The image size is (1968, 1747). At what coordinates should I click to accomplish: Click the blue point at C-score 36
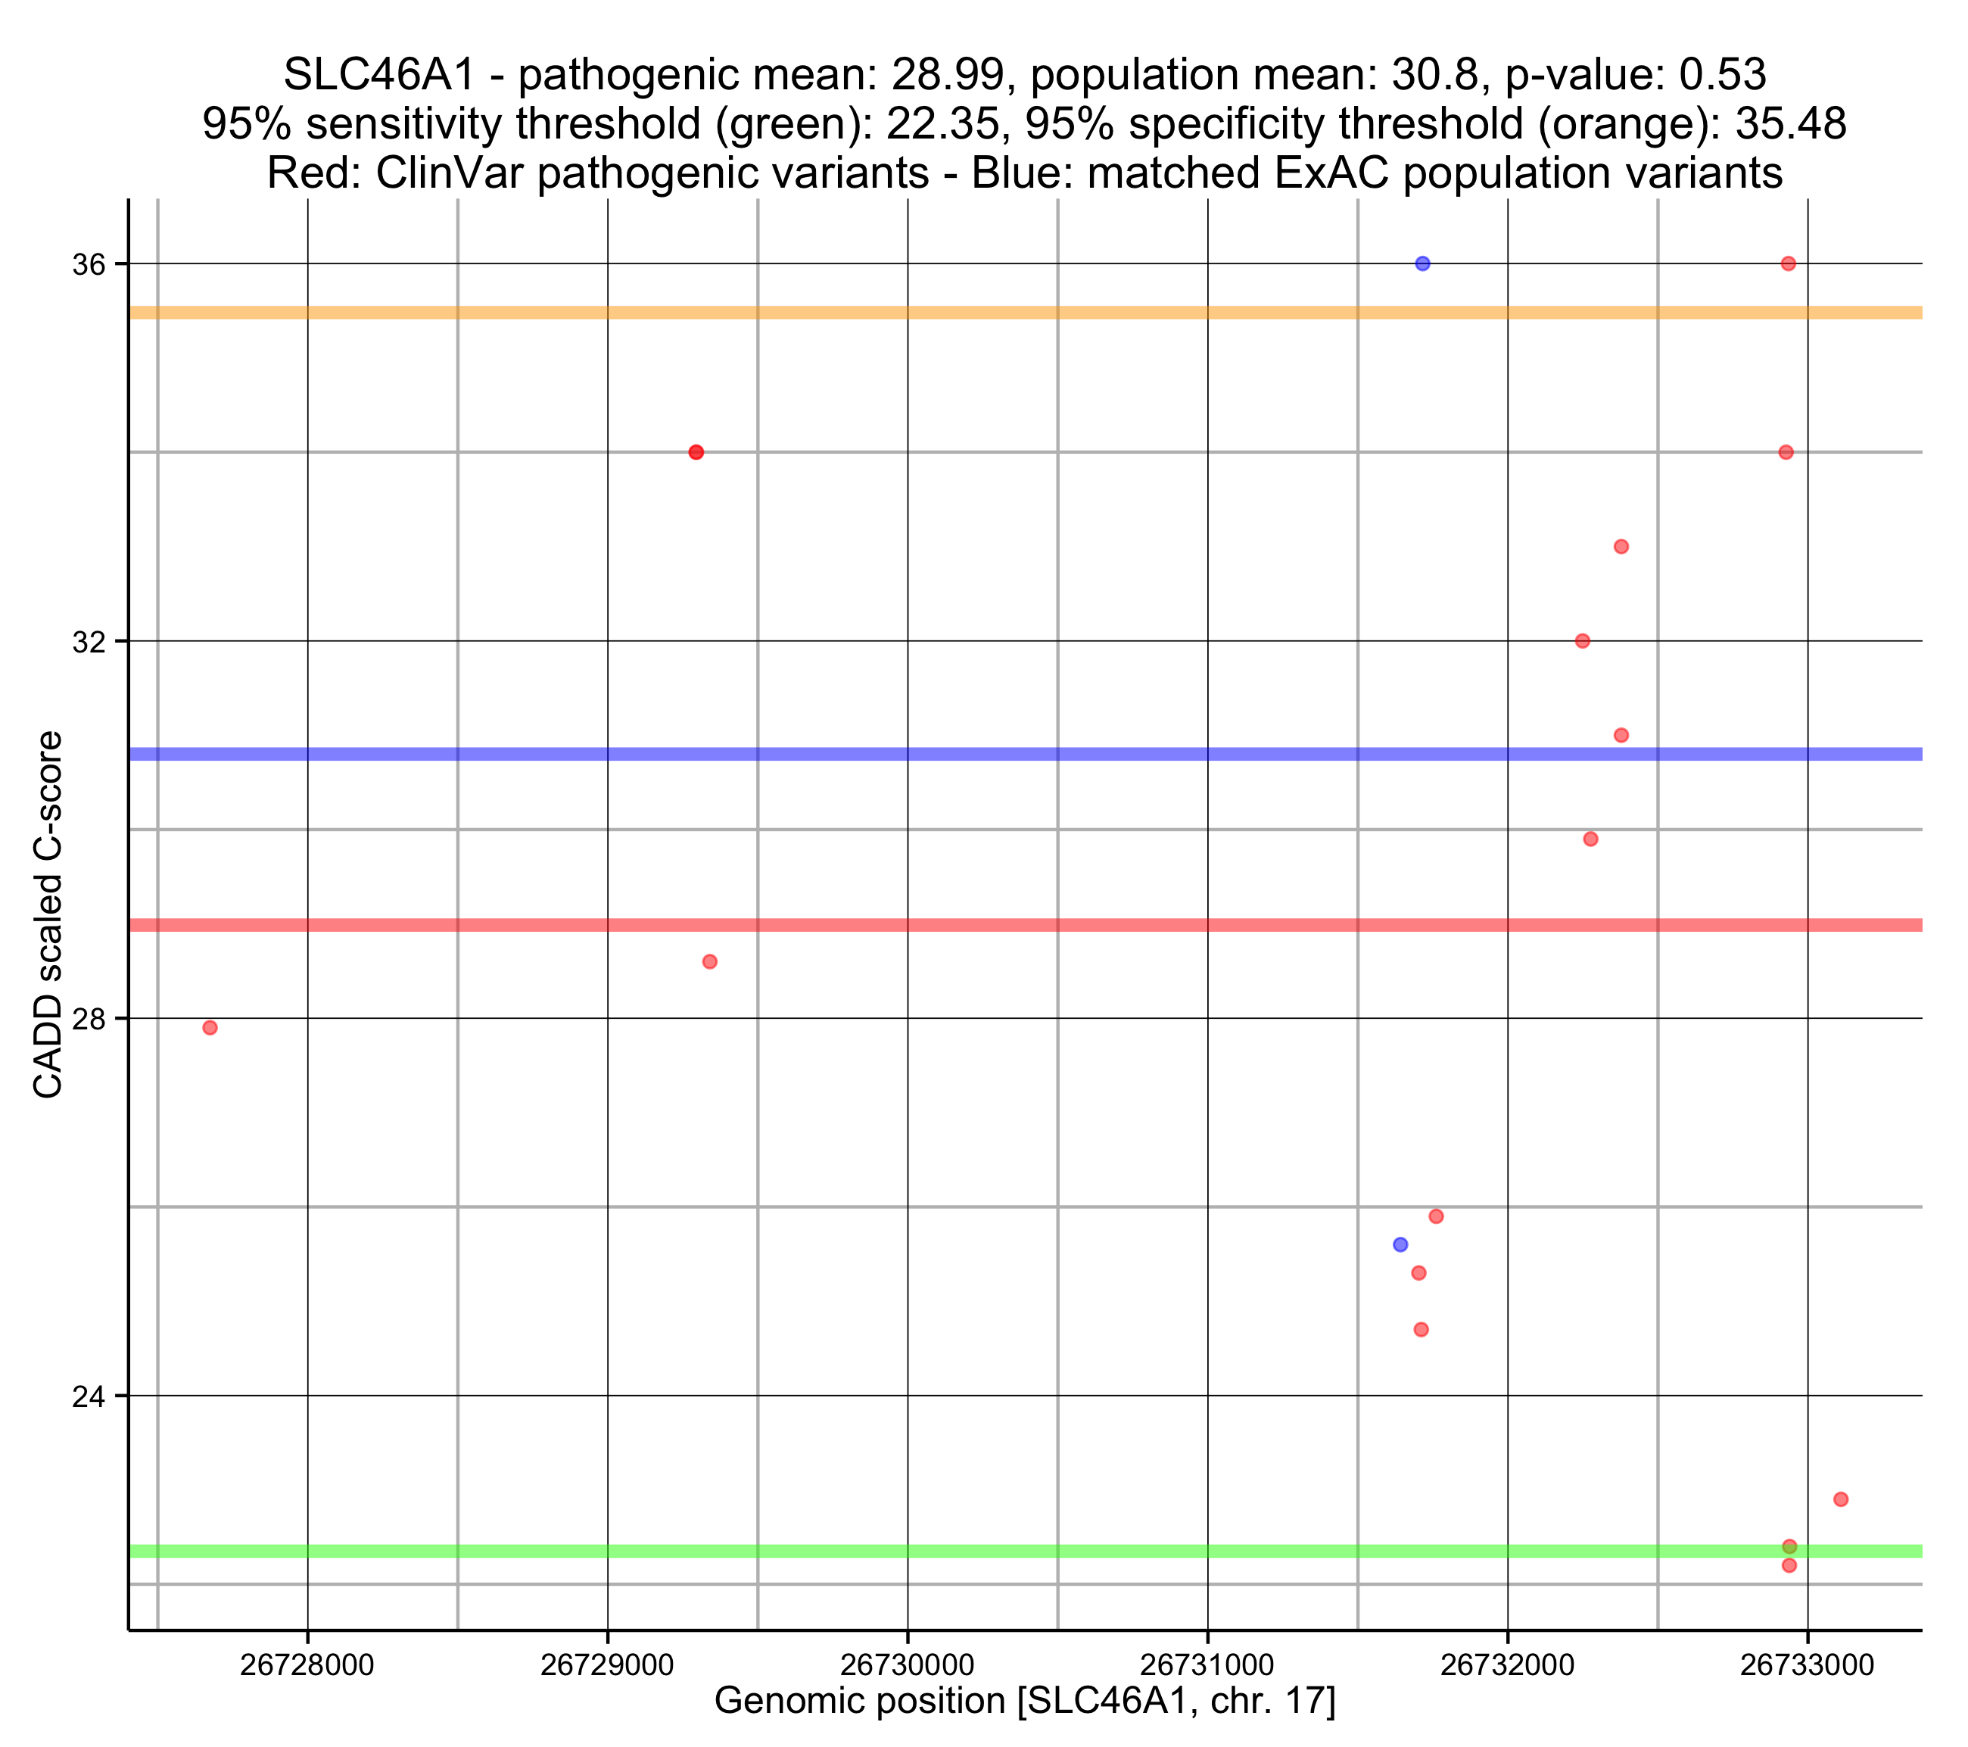1422,264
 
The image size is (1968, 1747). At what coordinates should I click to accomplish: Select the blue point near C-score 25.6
1400,1244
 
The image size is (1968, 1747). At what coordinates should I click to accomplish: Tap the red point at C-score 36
1788,264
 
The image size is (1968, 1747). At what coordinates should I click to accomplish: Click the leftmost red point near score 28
210,1028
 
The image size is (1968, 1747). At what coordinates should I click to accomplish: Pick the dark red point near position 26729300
696,453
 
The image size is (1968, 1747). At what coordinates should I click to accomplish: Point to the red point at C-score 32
1582,641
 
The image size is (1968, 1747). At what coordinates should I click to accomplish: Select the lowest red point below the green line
1789,1566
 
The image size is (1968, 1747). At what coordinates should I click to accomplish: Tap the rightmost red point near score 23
1841,1499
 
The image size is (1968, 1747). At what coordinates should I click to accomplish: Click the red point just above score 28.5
709,962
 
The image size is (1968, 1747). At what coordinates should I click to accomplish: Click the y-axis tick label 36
89,265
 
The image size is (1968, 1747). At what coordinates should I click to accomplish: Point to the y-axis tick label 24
89,1397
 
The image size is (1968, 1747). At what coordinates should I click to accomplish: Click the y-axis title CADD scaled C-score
48,915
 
